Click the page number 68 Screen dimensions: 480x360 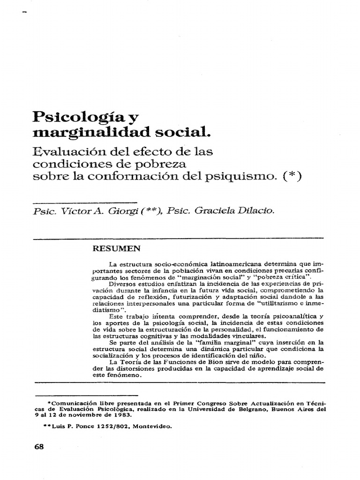(39, 447)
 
